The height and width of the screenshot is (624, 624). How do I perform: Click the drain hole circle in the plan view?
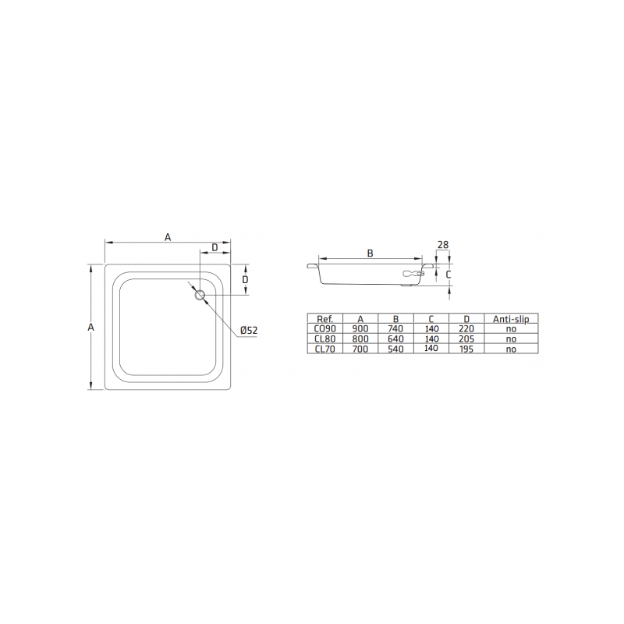[199, 294]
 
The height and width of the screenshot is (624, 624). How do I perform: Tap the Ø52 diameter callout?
[248, 330]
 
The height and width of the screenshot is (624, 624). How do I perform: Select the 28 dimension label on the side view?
[443, 245]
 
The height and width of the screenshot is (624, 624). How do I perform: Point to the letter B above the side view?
[370, 253]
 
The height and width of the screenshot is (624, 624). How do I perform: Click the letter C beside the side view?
[448, 275]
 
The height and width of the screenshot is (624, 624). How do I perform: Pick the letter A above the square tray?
[167, 237]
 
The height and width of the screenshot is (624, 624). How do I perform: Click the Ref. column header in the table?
[324, 318]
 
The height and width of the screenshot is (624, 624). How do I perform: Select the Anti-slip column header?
[510, 318]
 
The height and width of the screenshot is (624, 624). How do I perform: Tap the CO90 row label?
[324, 328]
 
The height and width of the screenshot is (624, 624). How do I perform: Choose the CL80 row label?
[324, 339]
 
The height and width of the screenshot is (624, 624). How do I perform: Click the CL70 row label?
[324, 349]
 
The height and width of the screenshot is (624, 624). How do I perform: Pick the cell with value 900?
[360, 328]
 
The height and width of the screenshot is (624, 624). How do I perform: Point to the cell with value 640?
[396, 339]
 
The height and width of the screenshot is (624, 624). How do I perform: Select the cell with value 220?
[466, 328]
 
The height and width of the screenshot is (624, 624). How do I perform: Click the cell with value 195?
[466, 349]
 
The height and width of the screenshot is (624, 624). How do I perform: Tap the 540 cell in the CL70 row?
[396, 349]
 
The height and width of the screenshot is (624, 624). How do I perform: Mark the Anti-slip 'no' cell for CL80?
[510, 339]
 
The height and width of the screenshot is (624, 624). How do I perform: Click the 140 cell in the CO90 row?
[431, 328]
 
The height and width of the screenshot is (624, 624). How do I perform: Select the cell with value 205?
[466, 339]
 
